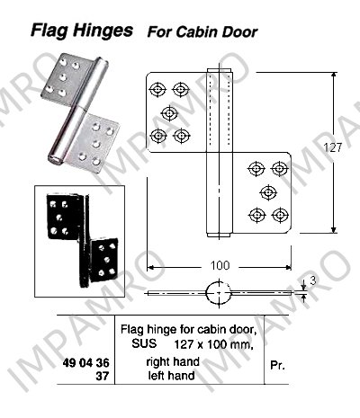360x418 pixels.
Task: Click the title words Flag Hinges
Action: coord(82,31)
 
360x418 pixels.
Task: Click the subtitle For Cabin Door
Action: coord(202,32)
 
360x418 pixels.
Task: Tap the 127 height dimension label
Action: coord(333,147)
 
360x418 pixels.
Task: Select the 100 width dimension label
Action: coord(220,265)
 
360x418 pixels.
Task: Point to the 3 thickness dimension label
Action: coord(313,280)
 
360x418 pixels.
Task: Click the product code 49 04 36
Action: coord(86,363)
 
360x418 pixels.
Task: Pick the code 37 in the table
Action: coord(103,376)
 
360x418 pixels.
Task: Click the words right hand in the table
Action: coord(173,361)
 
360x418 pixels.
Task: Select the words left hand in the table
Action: coord(171,375)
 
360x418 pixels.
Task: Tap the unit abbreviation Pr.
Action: coord(277,366)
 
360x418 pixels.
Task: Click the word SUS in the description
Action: coord(144,343)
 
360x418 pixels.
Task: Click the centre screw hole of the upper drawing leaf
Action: coord(169,113)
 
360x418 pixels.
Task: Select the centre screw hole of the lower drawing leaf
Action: coord(268,191)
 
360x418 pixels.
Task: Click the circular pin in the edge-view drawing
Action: coord(219,293)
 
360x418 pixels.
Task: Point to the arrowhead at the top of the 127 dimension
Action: coord(334,76)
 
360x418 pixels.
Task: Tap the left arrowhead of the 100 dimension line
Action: coord(150,267)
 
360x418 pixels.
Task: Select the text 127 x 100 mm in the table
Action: coord(212,344)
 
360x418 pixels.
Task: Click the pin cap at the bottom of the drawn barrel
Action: coord(220,235)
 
